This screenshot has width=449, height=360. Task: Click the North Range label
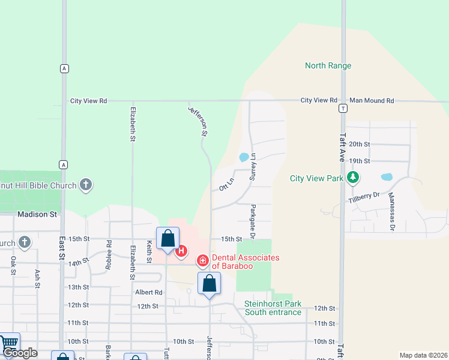(328, 65)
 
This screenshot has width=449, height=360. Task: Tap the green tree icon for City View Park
(354, 178)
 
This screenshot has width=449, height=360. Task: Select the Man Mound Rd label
(372, 101)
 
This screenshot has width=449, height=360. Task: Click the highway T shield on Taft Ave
(342, 109)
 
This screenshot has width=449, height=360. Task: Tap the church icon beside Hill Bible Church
(86, 185)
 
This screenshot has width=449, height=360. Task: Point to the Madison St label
(37, 214)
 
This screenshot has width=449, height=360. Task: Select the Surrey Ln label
(253, 167)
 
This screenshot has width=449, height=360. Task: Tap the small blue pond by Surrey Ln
(244, 158)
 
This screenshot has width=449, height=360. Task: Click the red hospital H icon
(181, 251)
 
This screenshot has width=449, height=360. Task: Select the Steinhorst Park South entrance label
(273, 308)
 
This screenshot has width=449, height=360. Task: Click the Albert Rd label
(149, 292)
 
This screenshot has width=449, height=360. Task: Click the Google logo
(20, 353)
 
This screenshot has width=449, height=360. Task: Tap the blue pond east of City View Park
(387, 178)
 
